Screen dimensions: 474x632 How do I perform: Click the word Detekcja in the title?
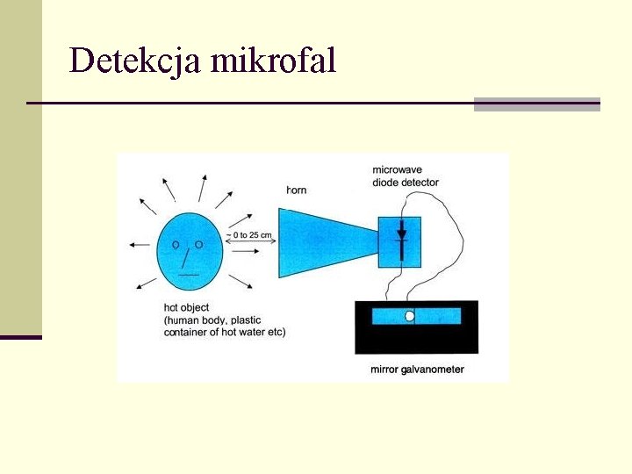131,61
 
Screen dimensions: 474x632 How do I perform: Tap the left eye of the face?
176,243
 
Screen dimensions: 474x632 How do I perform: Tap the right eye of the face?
198,243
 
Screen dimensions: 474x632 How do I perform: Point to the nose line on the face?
184,257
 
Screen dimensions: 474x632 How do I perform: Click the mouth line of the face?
189,275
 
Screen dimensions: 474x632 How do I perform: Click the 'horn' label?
297,190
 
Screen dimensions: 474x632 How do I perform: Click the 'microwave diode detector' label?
405,176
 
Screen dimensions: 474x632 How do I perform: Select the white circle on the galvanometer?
409,316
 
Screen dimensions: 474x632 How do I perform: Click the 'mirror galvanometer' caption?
417,370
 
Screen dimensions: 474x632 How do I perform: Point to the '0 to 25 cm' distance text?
250,235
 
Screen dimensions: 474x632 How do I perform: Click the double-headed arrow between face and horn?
250,250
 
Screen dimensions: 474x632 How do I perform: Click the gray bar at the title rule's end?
536,104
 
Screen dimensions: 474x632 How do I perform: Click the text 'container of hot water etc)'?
225,332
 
